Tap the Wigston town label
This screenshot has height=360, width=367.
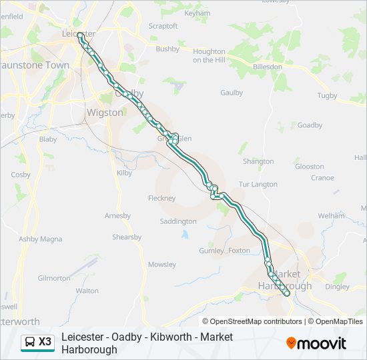pyautogui.click(x=105, y=113)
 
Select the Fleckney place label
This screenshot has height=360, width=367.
pyautogui.click(x=161, y=198)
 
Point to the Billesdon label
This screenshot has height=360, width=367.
pyautogui.click(x=267, y=67)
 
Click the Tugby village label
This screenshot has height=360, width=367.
pyautogui.click(x=327, y=96)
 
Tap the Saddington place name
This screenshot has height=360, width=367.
pyautogui.click(x=178, y=221)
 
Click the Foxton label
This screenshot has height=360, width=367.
pyautogui.click(x=239, y=251)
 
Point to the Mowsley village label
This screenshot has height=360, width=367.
pyautogui.click(x=162, y=265)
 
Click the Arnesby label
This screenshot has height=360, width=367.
pyautogui.click(x=117, y=215)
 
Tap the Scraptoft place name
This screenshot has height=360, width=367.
pyautogui.click(x=163, y=26)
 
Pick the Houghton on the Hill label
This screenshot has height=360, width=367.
pyautogui.click(x=209, y=56)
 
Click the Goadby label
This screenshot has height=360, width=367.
pyautogui.click(x=310, y=125)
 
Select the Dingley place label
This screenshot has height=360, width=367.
pyautogui.click(x=337, y=287)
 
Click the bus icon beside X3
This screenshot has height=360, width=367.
pyautogui.click(x=30, y=342)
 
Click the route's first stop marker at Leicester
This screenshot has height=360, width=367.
pyautogui.click(x=80, y=35)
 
